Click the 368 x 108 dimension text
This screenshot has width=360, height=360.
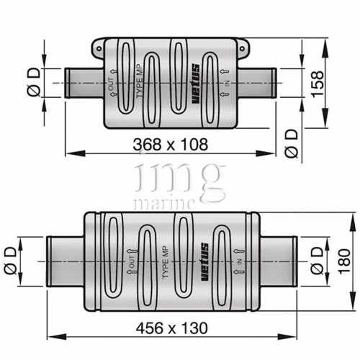[171, 144]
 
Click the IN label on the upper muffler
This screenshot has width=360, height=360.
[228, 84]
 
